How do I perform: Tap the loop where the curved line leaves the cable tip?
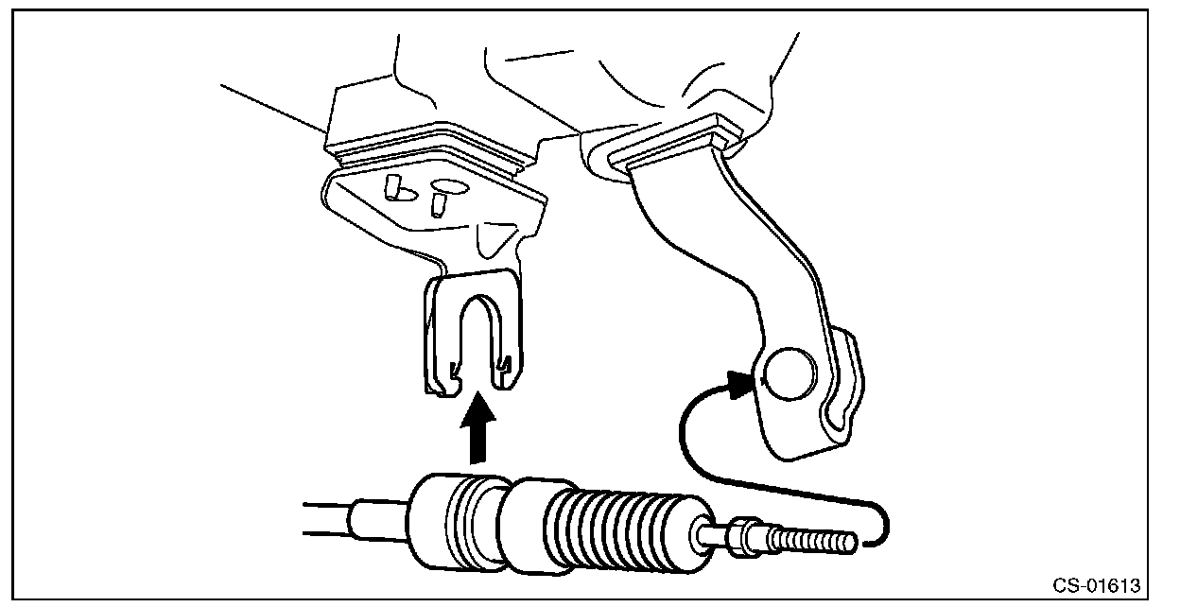tap(881, 524)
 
